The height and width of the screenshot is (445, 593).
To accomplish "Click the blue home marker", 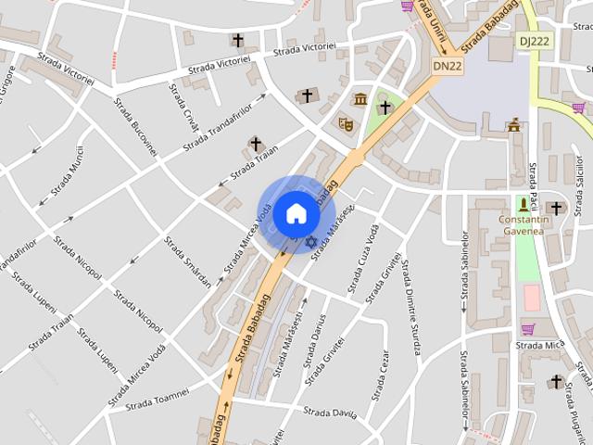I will (x=296, y=214).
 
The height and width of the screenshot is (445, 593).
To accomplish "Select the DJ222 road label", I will (x=534, y=40).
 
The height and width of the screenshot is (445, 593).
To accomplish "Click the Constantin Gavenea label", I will (x=524, y=225).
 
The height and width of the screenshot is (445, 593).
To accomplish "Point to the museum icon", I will (x=360, y=99).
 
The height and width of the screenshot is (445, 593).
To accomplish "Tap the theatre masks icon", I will (x=346, y=122).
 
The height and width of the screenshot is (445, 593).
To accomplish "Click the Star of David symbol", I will (x=311, y=242).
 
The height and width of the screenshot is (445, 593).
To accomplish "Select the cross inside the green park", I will (x=385, y=108).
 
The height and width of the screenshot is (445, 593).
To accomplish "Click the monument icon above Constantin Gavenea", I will (x=524, y=204).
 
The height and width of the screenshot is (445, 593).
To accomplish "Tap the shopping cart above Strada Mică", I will (x=527, y=328).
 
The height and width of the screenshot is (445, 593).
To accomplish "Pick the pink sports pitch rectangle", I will (x=531, y=298).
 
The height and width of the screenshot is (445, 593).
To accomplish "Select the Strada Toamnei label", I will (x=158, y=399).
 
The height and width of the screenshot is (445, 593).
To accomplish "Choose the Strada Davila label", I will (x=331, y=411).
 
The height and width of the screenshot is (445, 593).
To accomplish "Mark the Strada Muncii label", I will (x=73, y=170).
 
